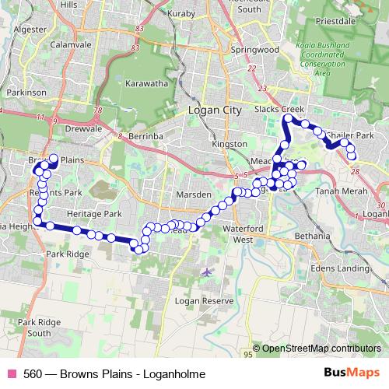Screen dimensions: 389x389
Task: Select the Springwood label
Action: click(254, 49)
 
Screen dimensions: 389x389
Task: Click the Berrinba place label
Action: click(142, 135)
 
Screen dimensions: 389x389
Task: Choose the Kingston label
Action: click(229, 145)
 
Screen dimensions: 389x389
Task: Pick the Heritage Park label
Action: click(96, 212)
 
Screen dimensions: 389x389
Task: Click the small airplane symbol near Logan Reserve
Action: click(205, 272)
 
